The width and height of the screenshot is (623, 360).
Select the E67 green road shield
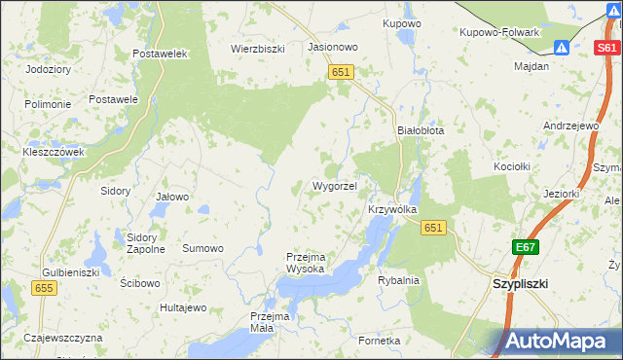(x=527, y=248)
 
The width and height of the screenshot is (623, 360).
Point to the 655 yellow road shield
(x=43, y=288)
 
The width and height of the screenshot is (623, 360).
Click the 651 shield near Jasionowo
(x=340, y=72)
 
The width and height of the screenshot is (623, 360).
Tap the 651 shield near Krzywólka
(x=433, y=228)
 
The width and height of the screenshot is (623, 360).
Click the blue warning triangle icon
(x=562, y=48)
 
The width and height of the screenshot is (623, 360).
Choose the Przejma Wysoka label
(x=311, y=263)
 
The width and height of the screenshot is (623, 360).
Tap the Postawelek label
(x=160, y=54)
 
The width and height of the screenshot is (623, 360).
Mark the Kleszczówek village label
(x=54, y=152)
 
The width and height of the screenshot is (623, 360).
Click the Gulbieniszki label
(x=71, y=273)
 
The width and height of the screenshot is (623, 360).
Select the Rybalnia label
(x=398, y=280)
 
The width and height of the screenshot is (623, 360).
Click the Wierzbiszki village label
(x=257, y=48)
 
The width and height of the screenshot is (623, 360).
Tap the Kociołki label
(x=512, y=166)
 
